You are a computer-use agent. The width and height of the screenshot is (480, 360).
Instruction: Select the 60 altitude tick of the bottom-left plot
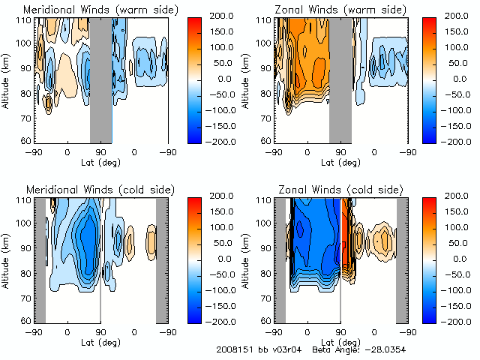[x=26, y=321]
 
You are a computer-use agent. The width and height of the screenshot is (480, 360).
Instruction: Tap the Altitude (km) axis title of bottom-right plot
[x=246, y=259]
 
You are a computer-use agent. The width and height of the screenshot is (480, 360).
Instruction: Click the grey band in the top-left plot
[x=100, y=79]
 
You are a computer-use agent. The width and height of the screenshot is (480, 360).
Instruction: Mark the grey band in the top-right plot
[x=340, y=79]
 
